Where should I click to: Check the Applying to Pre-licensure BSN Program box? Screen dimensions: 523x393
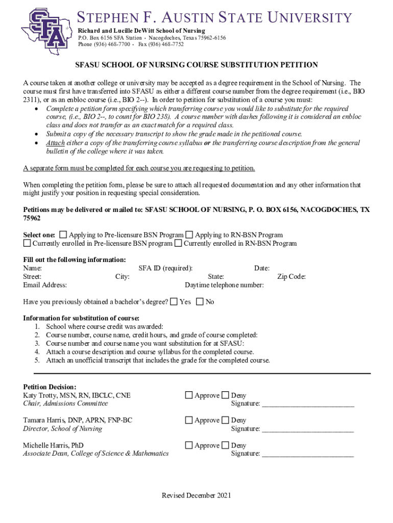(x=63, y=235)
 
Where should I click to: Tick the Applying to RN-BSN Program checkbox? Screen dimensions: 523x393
(x=189, y=235)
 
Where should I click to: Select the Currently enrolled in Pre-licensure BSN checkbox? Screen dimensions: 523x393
(x=27, y=244)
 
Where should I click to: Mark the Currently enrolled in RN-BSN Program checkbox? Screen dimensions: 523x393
(x=178, y=244)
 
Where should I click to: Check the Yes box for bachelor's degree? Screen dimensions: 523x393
(x=174, y=302)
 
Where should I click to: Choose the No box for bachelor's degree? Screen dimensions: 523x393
(x=200, y=302)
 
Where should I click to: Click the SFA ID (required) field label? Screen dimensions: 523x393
(x=165, y=268)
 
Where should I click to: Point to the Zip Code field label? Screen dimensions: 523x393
(x=291, y=277)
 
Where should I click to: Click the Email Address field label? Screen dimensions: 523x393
(x=45, y=285)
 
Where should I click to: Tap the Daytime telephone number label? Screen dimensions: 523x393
(x=224, y=285)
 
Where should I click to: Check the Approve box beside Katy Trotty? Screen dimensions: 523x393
(x=189, y=395)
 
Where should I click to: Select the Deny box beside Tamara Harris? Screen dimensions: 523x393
(x=225, y=420)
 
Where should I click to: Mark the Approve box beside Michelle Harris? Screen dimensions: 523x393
(x=189, y=445)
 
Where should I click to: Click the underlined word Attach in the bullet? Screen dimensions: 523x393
(x=56, y=143)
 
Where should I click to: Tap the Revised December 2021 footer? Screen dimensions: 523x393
(x=196, y=495)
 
